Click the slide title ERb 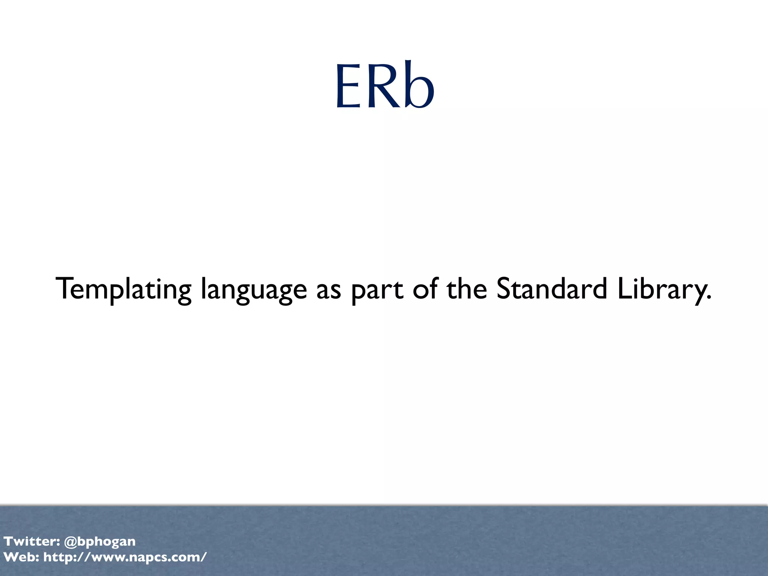pos(385,86)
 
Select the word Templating pos(123,289)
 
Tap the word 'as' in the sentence pos(328,291)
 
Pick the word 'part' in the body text pos(377,291)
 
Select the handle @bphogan pos(100,542)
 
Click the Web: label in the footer pos(21,557)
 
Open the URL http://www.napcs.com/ pos(125,557)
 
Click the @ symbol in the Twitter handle pos(70,541)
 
